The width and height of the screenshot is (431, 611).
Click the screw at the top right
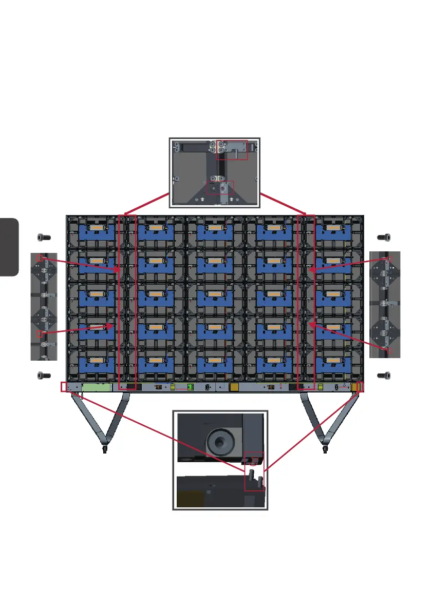tap(384, 238)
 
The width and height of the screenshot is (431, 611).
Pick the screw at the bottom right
tap(384, 376)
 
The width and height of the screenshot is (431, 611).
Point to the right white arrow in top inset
tap(232, 198)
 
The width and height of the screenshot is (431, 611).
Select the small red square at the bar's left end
tap(64, 387)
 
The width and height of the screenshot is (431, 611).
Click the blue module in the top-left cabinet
tap(97, 232)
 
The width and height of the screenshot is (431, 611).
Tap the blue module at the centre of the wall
tap(215, 298)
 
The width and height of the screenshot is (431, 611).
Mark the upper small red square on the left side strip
tap(40, 258)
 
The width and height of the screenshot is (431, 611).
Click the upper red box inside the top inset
tap(232, 150)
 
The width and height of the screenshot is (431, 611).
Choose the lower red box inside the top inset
tap(219, 187)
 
